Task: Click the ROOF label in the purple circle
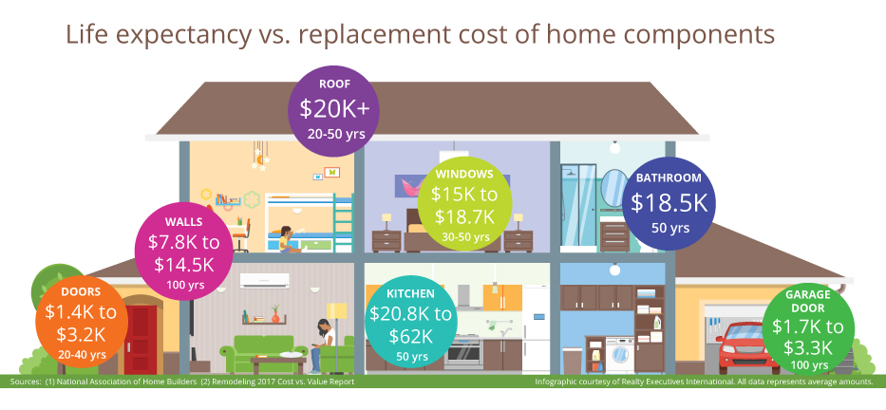coord(335,84)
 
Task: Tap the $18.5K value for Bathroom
coord(669,203)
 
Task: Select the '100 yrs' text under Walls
coord(185,285)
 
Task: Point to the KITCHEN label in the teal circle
coord(411,293)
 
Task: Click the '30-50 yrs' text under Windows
coord(464,236)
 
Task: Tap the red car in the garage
coord(740,347)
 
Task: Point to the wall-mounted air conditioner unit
coord(264,281)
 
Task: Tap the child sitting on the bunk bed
coord(285,239)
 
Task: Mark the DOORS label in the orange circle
coord(81,292)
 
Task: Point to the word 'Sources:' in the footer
coord(25,382)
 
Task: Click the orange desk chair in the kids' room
coord(240,234)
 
